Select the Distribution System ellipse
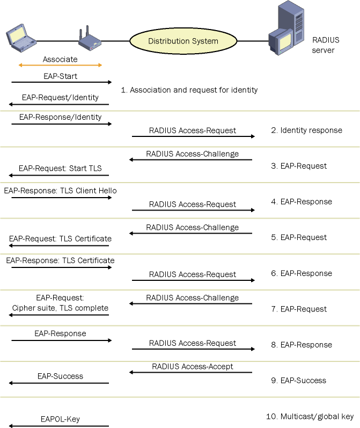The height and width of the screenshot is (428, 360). (x=183, y=41)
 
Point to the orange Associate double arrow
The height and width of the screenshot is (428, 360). (x=60, y=66)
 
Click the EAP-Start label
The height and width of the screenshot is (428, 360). (x=60, y=76)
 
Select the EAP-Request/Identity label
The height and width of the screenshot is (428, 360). (x=60, y=98)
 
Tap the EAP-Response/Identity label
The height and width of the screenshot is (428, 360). (x=60, y=117)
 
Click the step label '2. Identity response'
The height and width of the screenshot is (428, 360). (x=306, y=130)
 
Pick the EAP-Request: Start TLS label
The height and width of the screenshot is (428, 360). (x=60, y=168)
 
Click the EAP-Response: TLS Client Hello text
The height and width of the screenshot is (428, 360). (x=60, y=191)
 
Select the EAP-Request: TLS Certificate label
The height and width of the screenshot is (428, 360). (x=60, y=239)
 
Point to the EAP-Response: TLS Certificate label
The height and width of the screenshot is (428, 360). (x=60, y=260)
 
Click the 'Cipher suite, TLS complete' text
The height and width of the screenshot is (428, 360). (x=60, y=308)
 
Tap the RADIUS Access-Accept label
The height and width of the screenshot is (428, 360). (x=193, y=366)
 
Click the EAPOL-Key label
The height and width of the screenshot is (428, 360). (x=60, y=419)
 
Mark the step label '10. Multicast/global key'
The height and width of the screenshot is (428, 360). (x=310, y=416)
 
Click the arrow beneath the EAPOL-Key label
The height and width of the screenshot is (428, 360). (x=59, y=426)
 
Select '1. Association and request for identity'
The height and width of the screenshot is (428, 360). (x=189, y=90)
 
